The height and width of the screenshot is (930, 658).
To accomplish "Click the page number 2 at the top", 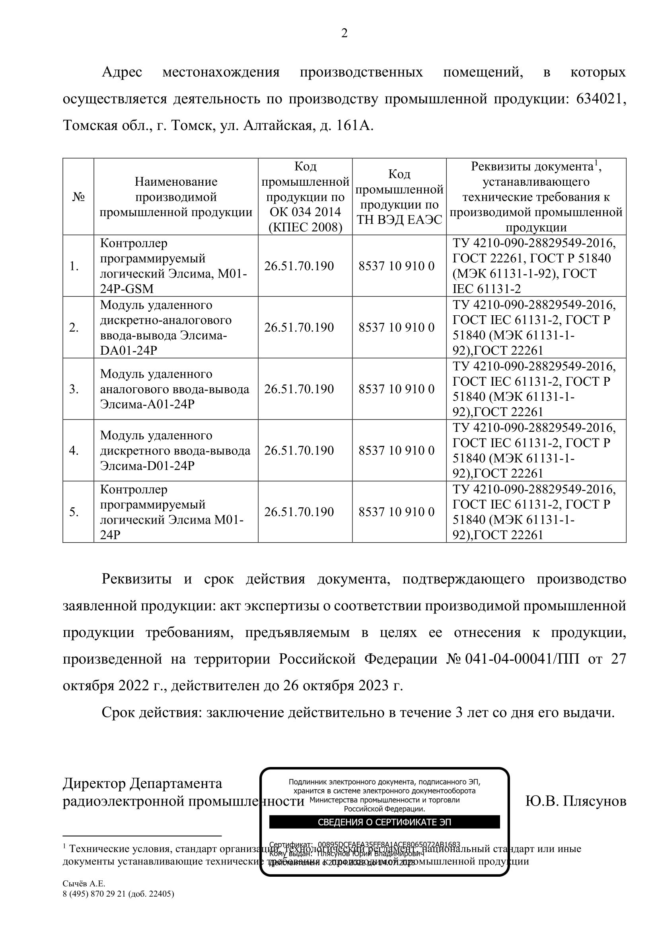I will tap(344, 33).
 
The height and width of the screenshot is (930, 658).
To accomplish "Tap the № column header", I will tap(78, 197).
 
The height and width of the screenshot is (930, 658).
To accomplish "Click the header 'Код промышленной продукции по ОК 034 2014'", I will tap(305, 197).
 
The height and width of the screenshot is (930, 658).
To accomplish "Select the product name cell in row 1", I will tap(175, 266).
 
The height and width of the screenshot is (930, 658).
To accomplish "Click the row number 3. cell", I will tap(74, 389).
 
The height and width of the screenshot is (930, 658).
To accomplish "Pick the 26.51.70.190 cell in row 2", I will tap(299, 327).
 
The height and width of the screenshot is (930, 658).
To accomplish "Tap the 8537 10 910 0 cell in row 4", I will tap(396, 450).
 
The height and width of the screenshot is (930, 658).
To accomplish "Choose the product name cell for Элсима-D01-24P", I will tap(175, 450).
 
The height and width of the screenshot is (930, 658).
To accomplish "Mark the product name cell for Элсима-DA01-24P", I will tap(175, 327).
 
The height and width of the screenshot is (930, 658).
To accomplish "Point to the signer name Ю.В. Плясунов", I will tap(575, 801).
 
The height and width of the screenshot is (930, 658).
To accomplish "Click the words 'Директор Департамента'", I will tap(142, 783).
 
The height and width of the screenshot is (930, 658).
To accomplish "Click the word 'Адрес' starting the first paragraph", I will tap(122, 72).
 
